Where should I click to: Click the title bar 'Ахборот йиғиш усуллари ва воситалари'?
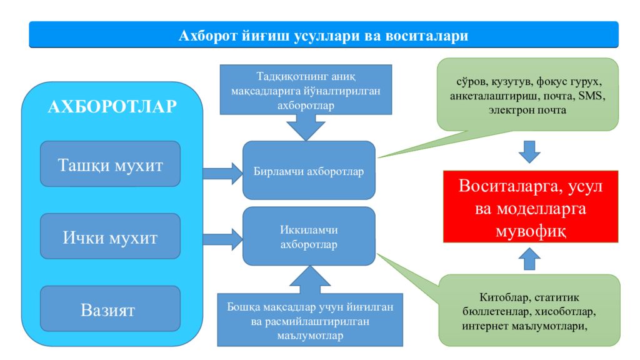click(324, 35)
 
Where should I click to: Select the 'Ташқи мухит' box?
click(110, 164)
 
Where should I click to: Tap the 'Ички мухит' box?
click(110, 236)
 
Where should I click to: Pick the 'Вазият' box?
click(110, 309)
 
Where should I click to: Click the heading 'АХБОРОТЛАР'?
click(112, 106)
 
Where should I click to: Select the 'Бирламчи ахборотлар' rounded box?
click(309, 171)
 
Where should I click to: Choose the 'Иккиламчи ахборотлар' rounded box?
click(309, 236)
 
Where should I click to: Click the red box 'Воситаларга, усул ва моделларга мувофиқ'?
click(531, 207)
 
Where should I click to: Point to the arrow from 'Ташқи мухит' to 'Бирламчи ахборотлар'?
click(223, 174)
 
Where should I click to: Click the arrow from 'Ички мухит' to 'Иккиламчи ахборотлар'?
click(223, 239)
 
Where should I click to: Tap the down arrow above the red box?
click(529, 152)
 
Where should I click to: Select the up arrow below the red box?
click(529, 259)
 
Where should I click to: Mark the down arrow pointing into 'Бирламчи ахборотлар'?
click(306, 127)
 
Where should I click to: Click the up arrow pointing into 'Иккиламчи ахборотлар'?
click(310, 279)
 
